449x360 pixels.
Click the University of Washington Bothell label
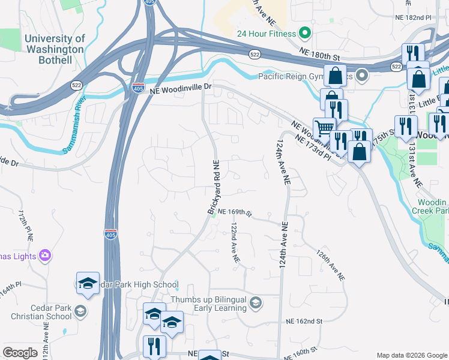55,49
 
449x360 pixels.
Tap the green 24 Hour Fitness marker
305,33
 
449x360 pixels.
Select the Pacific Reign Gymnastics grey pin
362,76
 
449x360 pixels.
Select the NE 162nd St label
304,322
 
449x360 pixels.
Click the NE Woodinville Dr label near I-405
181,88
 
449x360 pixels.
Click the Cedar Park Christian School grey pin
80,311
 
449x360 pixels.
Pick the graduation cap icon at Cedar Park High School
88,283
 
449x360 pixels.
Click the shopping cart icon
324,127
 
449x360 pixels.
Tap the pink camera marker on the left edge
44,256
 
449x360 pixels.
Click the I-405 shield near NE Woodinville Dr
137,88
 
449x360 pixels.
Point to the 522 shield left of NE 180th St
255,55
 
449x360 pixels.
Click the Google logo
20,353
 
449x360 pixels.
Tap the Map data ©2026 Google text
411,355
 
